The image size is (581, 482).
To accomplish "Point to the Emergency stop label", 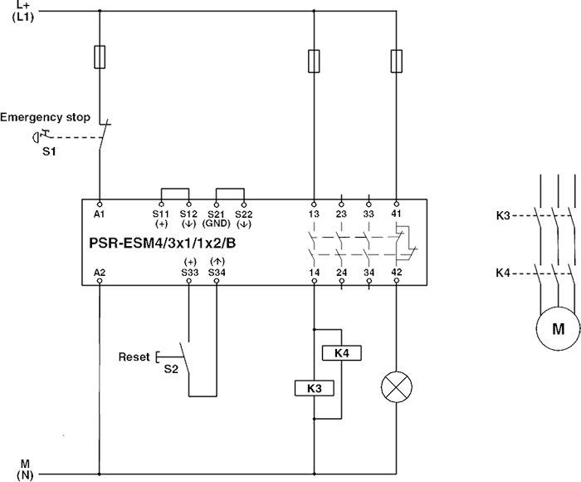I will coord(45,118).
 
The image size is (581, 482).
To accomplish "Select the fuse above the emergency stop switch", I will coord(100,57).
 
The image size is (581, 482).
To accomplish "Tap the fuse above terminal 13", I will coord(314,61).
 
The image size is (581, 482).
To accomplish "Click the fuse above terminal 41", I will coord(396,61).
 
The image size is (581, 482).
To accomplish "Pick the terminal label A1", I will coord(100,214).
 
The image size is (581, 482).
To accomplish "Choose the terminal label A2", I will coord(100,248).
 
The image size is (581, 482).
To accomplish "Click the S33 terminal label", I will coord(189,248).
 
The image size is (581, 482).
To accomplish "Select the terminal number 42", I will coord(396,248).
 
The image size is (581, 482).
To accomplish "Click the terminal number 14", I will coord(314,248).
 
